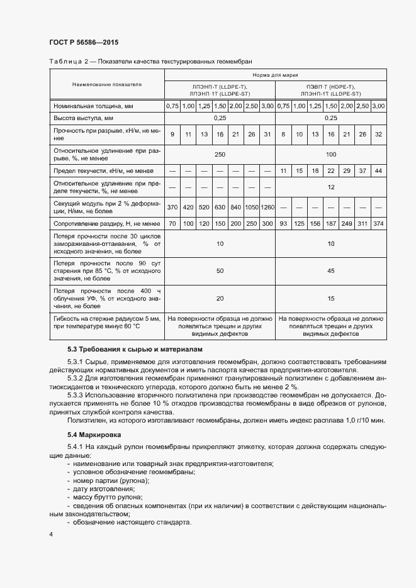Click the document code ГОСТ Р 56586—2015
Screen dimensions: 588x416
83,43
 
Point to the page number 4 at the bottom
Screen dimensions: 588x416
51,534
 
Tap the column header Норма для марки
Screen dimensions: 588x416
276,75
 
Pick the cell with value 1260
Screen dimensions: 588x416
267,207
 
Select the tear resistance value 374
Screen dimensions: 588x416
378,223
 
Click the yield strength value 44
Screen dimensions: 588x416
378,171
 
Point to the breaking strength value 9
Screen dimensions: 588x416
172,135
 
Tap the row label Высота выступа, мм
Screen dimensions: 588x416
84,118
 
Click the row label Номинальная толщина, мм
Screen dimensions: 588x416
93,106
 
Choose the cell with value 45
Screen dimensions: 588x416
330,272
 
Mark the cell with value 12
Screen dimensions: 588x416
330,187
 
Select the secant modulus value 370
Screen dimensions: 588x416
172,207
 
